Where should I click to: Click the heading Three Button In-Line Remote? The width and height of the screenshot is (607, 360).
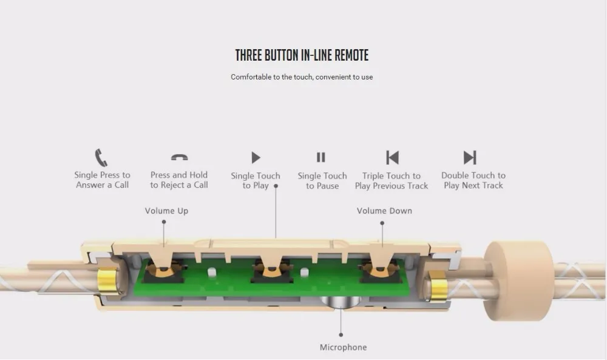click(x=302, y=55)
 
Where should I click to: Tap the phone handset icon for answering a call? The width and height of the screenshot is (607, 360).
click(x=101, y=158)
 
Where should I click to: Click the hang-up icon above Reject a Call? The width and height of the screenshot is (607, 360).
click(x=179, y=158)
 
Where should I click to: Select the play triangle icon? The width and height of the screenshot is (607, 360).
click(x=256, y=158)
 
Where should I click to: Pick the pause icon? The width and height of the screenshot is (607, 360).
click(x=321, y=158)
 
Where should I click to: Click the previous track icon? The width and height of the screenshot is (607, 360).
click(x=392, y=158)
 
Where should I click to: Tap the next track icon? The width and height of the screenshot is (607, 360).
click(x=470, y=158)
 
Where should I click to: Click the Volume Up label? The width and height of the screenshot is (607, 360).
click(x=166, y=211)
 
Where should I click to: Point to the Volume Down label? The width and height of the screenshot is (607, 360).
click(x=384, y=211)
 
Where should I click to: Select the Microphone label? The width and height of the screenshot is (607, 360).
click(x=343, y=347)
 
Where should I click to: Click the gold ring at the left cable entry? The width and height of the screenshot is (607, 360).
click(x=107, y=284)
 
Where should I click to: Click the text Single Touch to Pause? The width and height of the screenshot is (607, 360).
click(x=322, y=181)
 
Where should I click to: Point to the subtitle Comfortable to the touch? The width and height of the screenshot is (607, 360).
click(x=302, y=77)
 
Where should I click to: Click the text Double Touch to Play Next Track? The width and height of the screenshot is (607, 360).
click(x=473, y=180)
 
